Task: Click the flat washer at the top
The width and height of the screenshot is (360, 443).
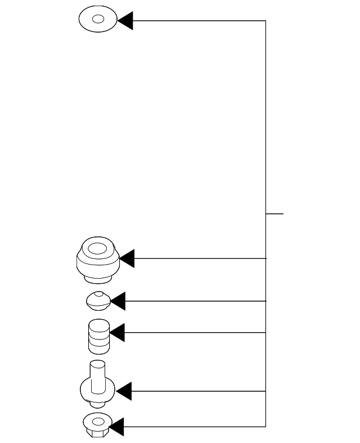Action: pyautogui.click(x=89, y=20)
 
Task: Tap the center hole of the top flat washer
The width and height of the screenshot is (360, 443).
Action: pyautogui.click(x=98, y=20)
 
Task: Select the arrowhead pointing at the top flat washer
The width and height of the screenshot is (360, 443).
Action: pyautogui.click(x=124, y=21)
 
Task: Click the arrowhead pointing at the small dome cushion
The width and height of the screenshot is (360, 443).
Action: pyautogui.click(x=118, y=301)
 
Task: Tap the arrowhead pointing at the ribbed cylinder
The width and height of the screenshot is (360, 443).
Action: pyautogui.click(x=116, y=333)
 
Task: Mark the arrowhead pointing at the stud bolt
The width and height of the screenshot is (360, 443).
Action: pyautogui.click(x=123, y=391)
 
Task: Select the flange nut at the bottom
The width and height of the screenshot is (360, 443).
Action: pyautogui.click(x=98, y=423)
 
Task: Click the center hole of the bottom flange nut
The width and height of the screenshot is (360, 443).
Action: pyautogui.click(x=98, y=420)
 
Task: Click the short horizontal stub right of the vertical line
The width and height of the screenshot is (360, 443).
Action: pyautogui.click(x=274, y=214)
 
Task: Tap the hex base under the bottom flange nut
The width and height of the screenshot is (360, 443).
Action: pyautogui.click(x=97, y=433)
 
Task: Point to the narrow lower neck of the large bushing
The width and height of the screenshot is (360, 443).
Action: pyautogui.click(x=98, y=278)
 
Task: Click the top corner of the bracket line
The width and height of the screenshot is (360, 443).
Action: pyautogui.click(x=265, y=21)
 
